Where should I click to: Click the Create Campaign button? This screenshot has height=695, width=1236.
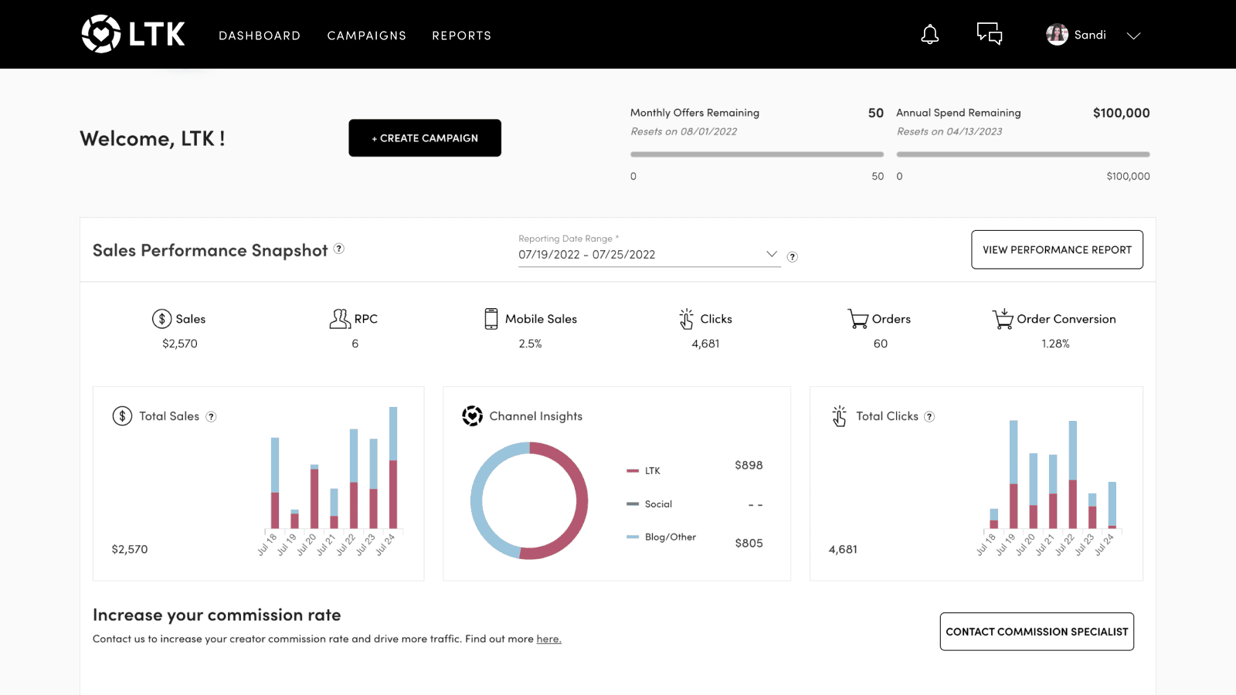[x=425, y=138]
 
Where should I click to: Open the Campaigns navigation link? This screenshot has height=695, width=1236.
[x=366, y=36]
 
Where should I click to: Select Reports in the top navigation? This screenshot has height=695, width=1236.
[x=461, y=36]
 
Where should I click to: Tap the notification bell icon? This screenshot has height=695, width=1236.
[x=930, y=35]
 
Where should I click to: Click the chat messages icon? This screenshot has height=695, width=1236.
[x=990, y=34]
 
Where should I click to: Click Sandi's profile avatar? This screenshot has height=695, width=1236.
[x=1057, y=35]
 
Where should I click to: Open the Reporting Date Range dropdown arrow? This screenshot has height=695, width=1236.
[x=771, y=254]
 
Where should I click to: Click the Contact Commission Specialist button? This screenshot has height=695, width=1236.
[x=1037, y=632]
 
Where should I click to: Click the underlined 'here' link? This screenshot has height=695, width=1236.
[x=548, y=639]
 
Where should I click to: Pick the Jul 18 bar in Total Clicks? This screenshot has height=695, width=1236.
[x=993, y=518]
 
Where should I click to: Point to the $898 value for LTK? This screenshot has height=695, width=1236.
[x=749, y=465]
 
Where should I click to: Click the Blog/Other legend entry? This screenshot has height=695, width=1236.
[x=670, y=537]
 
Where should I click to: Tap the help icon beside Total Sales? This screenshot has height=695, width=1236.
[x=211, y=417]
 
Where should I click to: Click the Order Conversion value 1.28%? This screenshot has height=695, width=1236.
[x=1055, y=344]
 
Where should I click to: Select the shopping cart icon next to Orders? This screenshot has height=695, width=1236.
[x=857, y=319]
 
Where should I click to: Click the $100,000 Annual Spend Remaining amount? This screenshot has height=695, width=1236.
[x=1121, y=113]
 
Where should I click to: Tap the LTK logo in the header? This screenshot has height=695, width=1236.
[x=134, y=34]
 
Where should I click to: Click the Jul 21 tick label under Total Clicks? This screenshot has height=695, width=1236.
[x=1044, y=544]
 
